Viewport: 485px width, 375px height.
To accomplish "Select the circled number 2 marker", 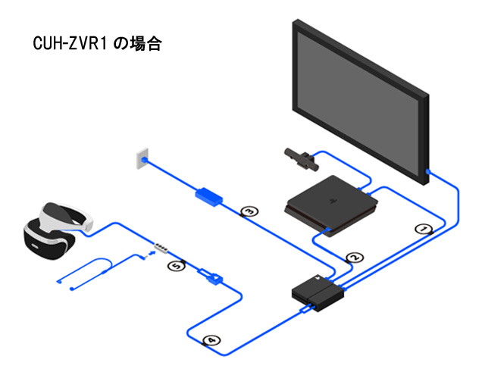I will click(x=352, y=257).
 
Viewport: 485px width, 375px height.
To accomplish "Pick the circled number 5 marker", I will click(x=176, y=266).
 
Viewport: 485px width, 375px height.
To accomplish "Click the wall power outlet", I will click(x=139, y=158).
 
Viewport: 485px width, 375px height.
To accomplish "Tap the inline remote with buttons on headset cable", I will click(x=161, y=247).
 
